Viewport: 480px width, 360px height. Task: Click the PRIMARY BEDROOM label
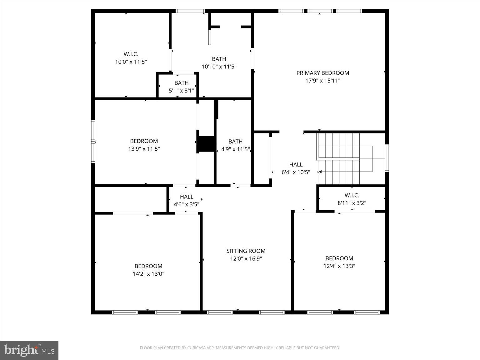(x=322, y=73)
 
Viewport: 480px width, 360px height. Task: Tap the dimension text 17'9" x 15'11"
(x=322, y=81)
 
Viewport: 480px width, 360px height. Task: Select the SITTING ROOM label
(x=246, y=251)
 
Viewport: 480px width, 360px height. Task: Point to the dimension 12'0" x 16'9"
(x=246, y=259)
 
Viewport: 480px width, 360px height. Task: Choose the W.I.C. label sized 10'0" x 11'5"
(x=131, y=54)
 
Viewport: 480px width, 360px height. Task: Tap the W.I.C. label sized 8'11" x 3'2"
(x=352, y=195)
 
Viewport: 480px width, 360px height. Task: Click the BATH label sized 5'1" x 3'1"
(x=182, y=83)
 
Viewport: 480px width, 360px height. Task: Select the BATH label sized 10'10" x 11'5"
(x=219, y=59)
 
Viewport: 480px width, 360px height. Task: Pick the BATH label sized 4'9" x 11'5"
(x=235, y=142)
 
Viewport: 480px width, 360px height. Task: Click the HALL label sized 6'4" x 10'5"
(x=296, y=164)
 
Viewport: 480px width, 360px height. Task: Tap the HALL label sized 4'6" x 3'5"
(x=187, y=197)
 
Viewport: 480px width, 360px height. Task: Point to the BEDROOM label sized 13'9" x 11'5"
(x=144, y=141)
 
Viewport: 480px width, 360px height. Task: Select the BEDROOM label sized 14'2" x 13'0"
(x=148, y=266)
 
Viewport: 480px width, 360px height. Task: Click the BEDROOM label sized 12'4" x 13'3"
(x=339, y=258)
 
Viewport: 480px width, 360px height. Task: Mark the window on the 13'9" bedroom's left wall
(x=93, y=141)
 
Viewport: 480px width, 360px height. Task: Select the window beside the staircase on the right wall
(x=387, y=158)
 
